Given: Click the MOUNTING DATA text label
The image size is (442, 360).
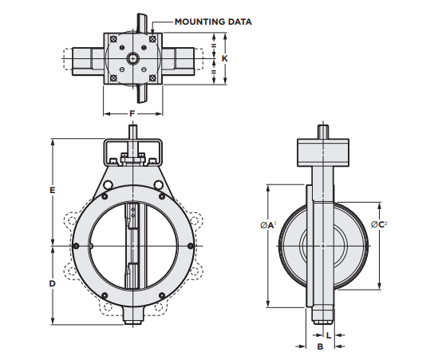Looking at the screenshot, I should (212, 22).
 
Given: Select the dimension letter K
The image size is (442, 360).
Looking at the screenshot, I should (226, 58).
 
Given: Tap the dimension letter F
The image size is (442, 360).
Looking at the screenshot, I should (132, 114).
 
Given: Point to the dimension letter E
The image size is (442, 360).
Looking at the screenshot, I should (52, 191).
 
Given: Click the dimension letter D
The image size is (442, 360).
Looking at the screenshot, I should (52, 283).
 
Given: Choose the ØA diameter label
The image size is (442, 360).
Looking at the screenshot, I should (267, 226).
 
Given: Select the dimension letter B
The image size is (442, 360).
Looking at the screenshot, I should (320, 347).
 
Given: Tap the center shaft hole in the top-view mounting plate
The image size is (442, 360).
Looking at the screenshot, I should (132, 57).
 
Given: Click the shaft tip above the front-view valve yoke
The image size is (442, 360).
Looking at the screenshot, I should (133, 132).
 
